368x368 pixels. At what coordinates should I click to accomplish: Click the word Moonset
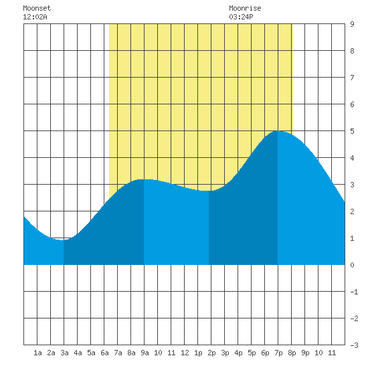pyautogui.click(x=37, y=9)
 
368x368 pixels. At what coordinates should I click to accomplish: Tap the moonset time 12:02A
pyautogui.click(x=35, y=17)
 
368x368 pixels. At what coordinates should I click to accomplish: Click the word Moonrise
pyautogui.click(x=245, y=9)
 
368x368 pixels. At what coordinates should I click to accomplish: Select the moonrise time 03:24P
pyautogui.click(x=241, y=17)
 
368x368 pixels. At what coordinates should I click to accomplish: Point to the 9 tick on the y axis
pyautogui.click(x=352, y=24)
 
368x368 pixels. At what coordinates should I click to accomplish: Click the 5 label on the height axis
pyautogui.click(x=352, y=131)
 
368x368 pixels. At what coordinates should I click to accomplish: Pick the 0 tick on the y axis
pyautogui.click(x=352, y=265)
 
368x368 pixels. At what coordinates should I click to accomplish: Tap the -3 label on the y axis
pyautogui.click(x=354, y=345)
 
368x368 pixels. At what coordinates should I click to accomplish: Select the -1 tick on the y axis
pyautogui.click(x=354, y=292)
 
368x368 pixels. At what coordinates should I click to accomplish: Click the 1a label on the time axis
pyautogui.click(x=37, y=353)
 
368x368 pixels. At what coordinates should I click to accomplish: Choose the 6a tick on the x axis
pyautogui.click(x=104, y=353)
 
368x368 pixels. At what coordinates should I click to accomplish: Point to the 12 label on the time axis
pyautogui.click(x=185, y=353)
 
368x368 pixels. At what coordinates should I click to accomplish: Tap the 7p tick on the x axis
pyautogui.click(x=278, y=353)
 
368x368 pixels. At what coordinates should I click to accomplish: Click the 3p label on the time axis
pyautogui.click(x=225, y=353)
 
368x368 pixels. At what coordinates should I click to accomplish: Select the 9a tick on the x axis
pyautogui.click(x=145, y=353)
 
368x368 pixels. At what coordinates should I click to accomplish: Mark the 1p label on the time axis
pyautogui.click(x=198, y=353)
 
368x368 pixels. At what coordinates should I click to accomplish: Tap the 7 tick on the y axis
pyautogui.click(x=352, y=78)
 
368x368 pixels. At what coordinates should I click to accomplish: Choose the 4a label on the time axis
pyautogui.click(x=78, y=353)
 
